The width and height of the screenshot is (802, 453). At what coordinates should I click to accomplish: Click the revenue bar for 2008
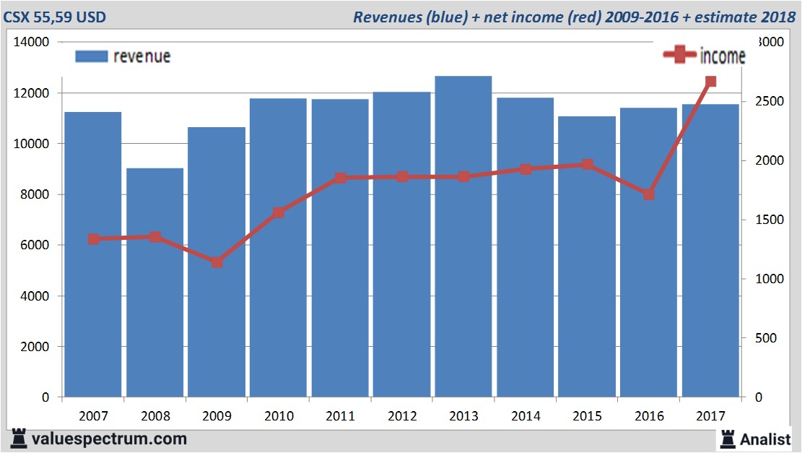click(155, 282)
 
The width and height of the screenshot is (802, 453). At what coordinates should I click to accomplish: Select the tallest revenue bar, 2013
click(463, 238)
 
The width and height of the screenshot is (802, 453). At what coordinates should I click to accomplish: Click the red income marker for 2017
click(710, 82)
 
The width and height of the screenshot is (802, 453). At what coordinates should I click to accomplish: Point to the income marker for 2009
click(217, 262)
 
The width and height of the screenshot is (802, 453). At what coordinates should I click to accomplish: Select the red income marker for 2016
click(649, 194)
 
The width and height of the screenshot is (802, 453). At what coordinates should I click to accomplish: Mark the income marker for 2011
click(341, 178)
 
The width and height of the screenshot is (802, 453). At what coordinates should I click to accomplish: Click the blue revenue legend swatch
click(91, 56)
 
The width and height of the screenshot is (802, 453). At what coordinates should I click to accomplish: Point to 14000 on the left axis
click(32, 43)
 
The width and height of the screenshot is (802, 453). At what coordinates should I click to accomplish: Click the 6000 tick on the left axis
click(35, 246)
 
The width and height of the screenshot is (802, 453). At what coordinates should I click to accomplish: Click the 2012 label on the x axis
click(402, 417)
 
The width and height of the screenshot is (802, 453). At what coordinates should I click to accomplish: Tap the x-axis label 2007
click(93, 417)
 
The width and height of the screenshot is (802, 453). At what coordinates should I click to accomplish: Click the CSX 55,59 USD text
click(56, 17)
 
